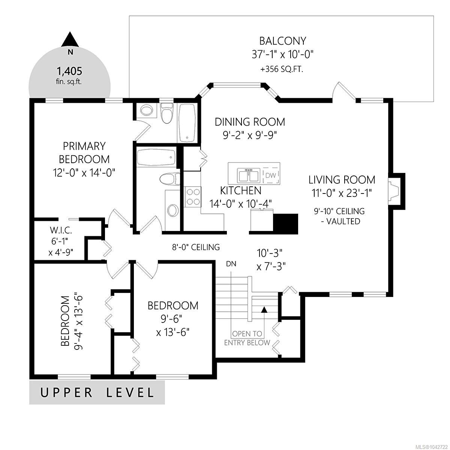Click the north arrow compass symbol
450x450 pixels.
(x=69, y=40)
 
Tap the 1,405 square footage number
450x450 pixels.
(x=69, y=71)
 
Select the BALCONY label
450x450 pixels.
(x=283, y=41)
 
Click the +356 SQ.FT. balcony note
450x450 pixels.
(x=282, y=69)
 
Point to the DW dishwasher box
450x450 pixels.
(x=271, y=175)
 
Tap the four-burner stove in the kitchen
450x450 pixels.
(x=193, y=196)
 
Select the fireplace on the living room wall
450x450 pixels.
(x=396, y=191)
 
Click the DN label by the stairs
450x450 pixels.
(x=231, y=264)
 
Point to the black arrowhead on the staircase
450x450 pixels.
(x=264, y=310)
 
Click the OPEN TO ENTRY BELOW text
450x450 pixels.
(x=247, y=338)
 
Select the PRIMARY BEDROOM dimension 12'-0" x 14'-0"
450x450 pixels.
(x=84, y=173)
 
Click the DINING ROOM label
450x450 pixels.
(x=250, y=122)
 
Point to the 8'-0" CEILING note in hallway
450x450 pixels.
(x=196, y=247)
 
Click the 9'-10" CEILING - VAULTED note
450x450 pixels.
(x=339, y=216)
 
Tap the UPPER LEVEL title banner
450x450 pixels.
(x=97, y=392)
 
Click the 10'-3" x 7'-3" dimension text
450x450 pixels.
(x=271, y=259)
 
